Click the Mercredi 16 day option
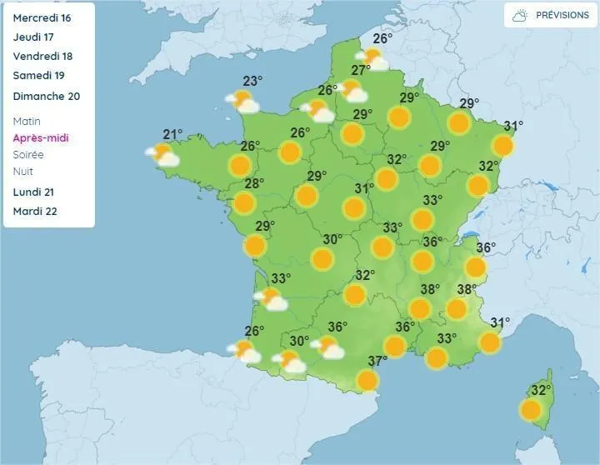pos(41,17)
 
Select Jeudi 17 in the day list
pos(33,37)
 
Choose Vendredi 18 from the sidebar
pos(42,56)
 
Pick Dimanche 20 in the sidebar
pos(47,96)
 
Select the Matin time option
pos(27,121)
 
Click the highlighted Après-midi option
pos(41,137)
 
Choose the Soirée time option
pos(29,154)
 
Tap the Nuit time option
pos(23,171)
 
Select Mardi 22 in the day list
pos(35,211)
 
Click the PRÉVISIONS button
pos(550,15)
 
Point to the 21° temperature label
pos(172,135)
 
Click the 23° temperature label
pos(252,81)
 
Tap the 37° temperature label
pos(377,362)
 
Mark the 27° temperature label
pos(361,71)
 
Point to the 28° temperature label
pos(254,184)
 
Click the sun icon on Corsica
pos(530,409)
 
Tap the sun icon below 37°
pos(367,380)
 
